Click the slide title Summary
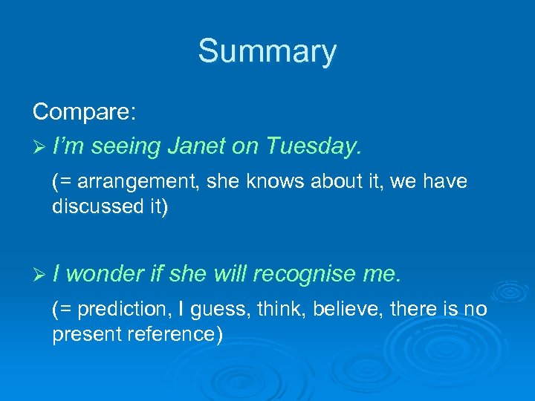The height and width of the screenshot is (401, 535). point(267,52)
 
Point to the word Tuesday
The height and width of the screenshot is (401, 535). point(310,147)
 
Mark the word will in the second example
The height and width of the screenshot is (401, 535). point(230,275)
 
